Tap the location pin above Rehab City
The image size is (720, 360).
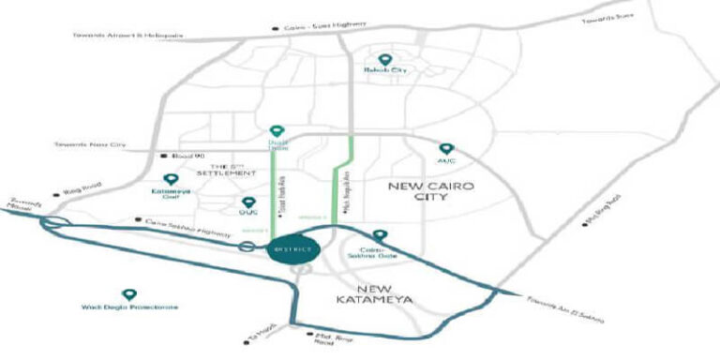pyautogui.click(x=383, y=60)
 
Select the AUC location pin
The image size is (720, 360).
pyautogui.click(x=446, y=149)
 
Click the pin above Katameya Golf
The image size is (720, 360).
pyautogui.click(x=171, y=179)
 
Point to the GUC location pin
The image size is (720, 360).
pyautogui.click(x=248, y=202)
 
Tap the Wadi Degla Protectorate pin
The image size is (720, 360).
pyautogui.click(x=128, y=294)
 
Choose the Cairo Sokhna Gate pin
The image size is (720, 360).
pyautogui.click(x=379, y=235)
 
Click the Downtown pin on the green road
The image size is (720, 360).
pyautogui.click(x=276, y=132)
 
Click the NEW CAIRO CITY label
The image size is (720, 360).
pyautogui.click(x=431, y=195)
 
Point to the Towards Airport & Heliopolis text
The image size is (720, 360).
pyautogui.click(x=127, y=37)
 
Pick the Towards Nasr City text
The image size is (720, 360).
pyautogui.click(x=90, y=145)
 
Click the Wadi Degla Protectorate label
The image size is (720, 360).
pyautogui.click(x=128, y=307)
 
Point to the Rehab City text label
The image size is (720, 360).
pyautogui.click(x=383, y=71)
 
